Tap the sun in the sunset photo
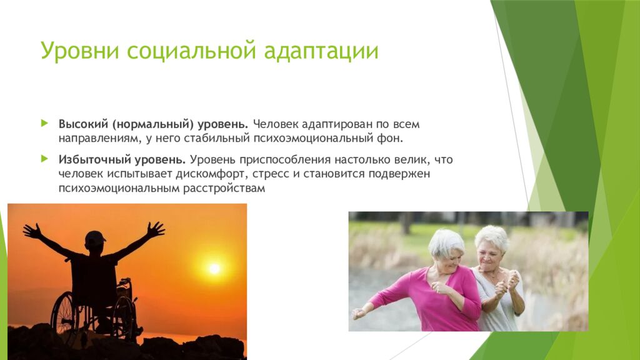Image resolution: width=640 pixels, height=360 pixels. click(214, 268)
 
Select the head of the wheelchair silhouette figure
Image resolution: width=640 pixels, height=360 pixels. click(95, 240)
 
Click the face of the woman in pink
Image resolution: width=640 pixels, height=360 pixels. click(451, 254)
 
